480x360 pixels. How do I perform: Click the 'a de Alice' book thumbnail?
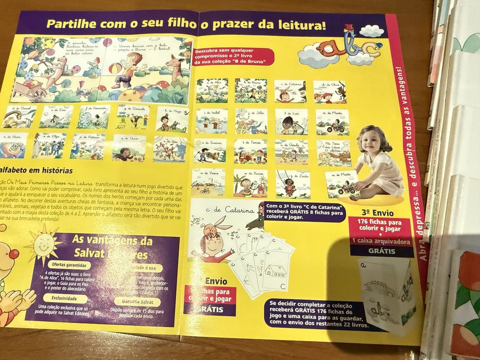click(x=211, y=91)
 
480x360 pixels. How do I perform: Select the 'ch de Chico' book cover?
click(x=330, y=92)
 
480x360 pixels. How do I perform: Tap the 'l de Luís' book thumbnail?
click(x=291, y=121)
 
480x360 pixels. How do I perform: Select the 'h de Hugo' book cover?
click(x=172, y=119)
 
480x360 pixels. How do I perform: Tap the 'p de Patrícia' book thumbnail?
click(x=87, y=146)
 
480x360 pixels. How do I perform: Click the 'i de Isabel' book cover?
click(x=211, y=121)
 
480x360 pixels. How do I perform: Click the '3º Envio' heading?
click(x=381, y=211)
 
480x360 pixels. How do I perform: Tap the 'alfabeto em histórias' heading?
click(x=36, y=170)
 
